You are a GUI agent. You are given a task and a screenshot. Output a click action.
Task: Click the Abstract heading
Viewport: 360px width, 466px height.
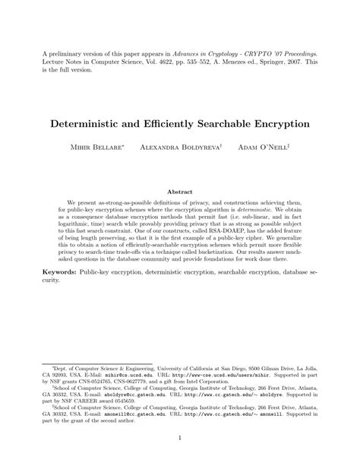(180, 192)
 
